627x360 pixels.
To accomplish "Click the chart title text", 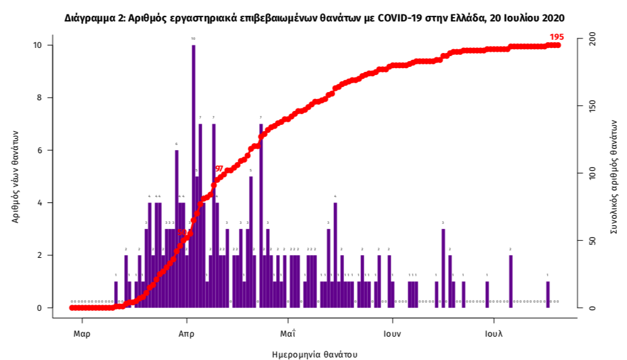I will click(x=314, y=18).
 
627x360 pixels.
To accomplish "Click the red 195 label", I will click(x=556, y=37).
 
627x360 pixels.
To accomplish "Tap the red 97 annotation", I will click(x=219, y=169).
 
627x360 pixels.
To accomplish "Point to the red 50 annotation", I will click(x=182, y=232).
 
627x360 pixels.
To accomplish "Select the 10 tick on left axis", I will click(x=38, y=45).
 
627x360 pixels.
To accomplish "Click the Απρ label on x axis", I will click(x=185, y=333).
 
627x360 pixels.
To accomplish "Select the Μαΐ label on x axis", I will click(x=288, y=333).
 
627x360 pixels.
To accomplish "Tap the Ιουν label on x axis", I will click(x=392, y=333).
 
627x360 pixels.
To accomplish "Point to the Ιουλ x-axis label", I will click(x=493, y=333).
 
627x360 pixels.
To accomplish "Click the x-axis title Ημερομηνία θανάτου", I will click(x=314, y=354).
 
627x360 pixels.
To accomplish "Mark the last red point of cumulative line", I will click(x=558, y=45).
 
